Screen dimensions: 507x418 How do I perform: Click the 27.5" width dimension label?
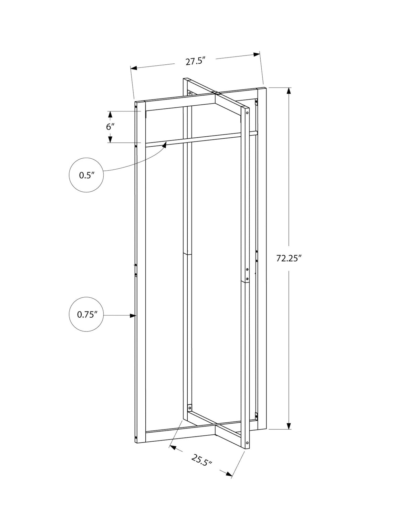click(195, 62)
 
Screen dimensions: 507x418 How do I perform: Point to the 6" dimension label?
click(110, 127)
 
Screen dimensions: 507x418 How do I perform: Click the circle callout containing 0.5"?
click(86, 175)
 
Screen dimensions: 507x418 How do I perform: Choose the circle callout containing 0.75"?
click(86, 315)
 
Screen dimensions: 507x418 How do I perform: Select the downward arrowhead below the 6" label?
click(110, 139)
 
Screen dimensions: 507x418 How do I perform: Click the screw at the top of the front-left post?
click(136, 107)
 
